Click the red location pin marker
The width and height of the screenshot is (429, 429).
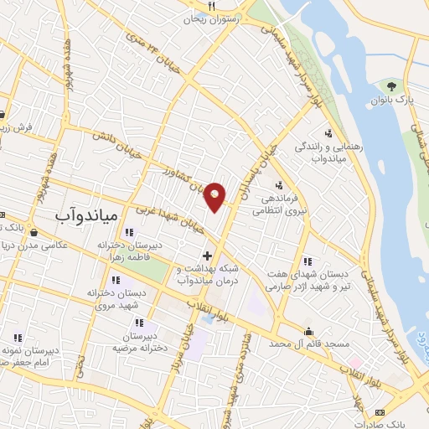point(215,197)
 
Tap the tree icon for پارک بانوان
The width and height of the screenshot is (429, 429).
point(390,85)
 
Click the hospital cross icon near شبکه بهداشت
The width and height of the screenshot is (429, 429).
point(207,255)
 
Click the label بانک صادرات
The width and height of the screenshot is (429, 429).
point(401,423)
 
